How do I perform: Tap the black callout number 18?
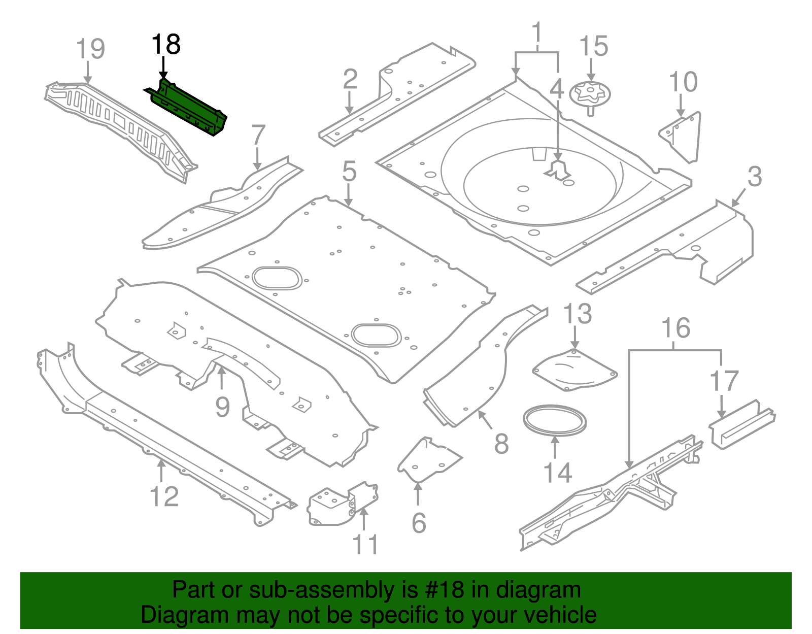coord(166,45)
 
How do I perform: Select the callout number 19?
coord(90,49)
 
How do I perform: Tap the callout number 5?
coord(349,172)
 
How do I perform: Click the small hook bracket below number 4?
coord(558,171)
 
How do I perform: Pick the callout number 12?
coord(164,496)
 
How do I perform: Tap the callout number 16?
coord(676,328)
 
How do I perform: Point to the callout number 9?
coord(222,407)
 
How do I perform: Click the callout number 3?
coord(755,177)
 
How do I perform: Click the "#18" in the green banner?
coord(442,590)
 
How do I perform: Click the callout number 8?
coord(501,444)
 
